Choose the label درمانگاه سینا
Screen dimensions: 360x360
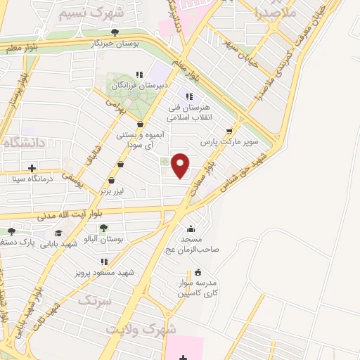click(x=32, y=179)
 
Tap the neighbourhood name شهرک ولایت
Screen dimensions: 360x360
click(x=141, y=329)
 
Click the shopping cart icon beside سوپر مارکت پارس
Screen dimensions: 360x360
click(x=229, y=131)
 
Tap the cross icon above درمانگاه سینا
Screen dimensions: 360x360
click(x=32, y=167)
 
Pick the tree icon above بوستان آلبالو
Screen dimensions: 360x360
click(x=104, y=228)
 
